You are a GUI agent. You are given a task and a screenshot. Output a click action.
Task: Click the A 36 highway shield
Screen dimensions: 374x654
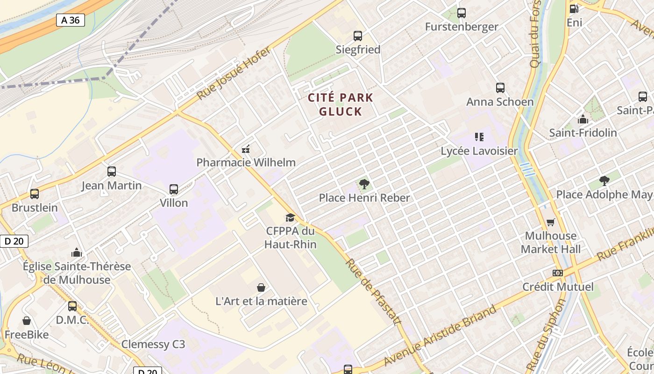[71, 20]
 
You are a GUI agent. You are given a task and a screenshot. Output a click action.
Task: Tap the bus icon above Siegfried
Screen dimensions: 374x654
[358, 36]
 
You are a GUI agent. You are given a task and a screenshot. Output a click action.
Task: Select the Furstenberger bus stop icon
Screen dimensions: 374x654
[462, 13]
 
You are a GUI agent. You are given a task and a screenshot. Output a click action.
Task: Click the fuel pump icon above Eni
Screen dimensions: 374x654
[574, 8]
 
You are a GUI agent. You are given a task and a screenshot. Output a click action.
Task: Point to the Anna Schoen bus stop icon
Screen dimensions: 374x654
[500, 88]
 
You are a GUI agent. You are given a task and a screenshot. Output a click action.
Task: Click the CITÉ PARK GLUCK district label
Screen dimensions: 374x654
[341, 104]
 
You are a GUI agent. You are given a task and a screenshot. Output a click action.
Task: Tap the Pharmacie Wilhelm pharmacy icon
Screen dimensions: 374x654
[246, 149]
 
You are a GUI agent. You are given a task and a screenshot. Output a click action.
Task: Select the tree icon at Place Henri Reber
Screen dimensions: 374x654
[364, 184]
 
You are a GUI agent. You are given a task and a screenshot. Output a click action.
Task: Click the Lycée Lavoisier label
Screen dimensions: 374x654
[479, 151]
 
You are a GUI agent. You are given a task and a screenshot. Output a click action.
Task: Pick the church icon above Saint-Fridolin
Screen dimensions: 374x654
[583, 119]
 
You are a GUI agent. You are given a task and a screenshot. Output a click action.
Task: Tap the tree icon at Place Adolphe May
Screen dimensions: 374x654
[604, 180]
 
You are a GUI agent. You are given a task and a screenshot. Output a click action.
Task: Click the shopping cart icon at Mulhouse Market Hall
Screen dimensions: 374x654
[551, 222]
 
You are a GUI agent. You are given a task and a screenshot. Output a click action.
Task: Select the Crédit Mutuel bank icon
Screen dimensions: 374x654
[557, 273]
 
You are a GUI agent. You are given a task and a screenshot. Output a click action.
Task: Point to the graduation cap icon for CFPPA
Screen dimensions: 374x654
[290, 217]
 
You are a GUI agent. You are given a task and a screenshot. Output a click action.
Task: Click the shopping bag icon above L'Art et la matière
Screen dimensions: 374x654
[261, 288]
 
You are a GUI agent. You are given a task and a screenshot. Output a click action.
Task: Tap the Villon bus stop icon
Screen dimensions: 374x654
[174, 189]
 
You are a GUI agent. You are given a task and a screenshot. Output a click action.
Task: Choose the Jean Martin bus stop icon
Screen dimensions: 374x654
[112, 172]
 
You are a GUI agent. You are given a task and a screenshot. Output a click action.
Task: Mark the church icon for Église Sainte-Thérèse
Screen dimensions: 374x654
[77, 253]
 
